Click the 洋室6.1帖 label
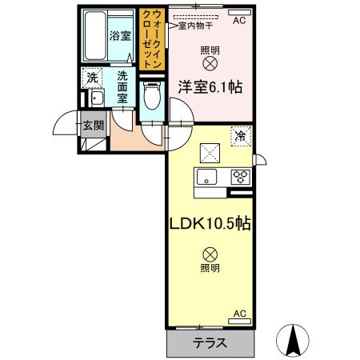pos(209,89)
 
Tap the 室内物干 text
pos(195,26)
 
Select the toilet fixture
pos(151,101)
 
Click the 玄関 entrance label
pos(94,125)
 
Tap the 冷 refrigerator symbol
pos(238,137)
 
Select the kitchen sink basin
pos(206,178)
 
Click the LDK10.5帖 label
pos(210,224)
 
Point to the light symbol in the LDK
pos(210,254)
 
